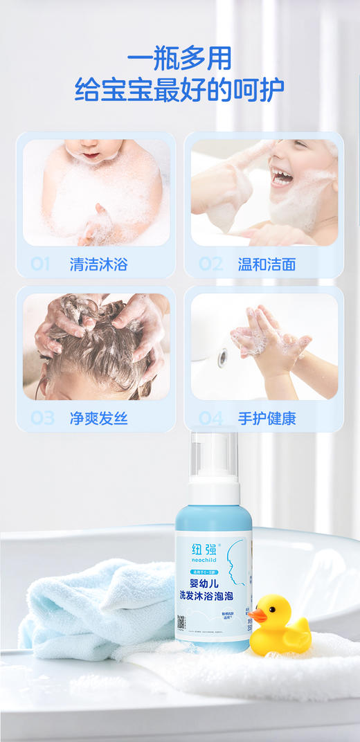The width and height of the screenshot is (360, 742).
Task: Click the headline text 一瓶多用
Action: pos(179,57)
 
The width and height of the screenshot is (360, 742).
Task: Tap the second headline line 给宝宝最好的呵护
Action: pos(179,90)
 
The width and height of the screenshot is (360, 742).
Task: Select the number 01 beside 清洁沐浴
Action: pos(41,264)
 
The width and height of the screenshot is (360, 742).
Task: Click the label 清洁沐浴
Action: pos(98,264)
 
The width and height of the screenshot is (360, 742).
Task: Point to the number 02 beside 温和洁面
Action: pos(210,264)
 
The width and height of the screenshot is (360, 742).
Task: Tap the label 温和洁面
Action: pos(267,264)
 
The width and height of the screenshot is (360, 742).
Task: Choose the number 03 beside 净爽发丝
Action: pos(42,418)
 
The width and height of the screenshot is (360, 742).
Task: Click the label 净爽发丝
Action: pos(98,418)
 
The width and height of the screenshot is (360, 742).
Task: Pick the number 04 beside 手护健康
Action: pos(211,418)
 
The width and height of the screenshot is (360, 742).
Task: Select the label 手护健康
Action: pos(267,418)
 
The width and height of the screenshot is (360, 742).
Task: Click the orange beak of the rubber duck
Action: pos(258,614)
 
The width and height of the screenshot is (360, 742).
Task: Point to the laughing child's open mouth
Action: pos(282,177)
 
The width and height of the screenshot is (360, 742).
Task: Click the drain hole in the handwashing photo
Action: pos(222,358)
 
